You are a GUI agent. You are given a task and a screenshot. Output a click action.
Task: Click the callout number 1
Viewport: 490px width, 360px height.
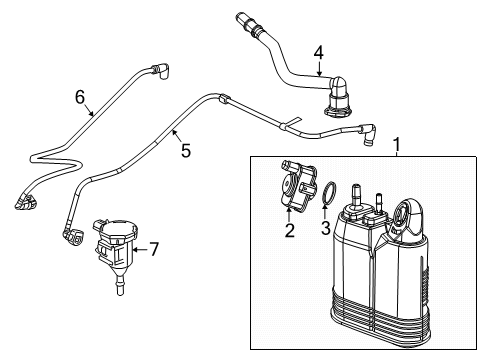click(x=397, y=145)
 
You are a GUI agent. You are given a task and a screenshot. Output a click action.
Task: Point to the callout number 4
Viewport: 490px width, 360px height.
click(x=319, y=52)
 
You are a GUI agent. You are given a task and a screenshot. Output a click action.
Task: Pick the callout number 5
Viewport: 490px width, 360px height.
click(x=185, y=152)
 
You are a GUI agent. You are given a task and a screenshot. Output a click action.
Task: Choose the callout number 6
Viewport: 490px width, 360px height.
click(x=80, y=97)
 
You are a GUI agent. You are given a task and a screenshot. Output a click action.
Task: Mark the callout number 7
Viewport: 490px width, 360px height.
click(x=154, y=250)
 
